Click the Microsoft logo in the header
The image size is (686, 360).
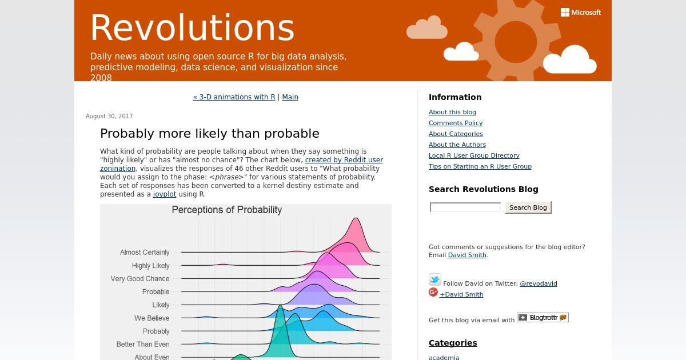click(x=581, y=13)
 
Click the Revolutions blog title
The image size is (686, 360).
click(x=192, y=28)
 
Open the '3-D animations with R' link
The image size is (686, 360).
click(x=234, y=97)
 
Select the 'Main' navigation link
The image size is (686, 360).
click(x=290, y=97)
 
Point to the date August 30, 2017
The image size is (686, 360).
click(x=109, y=117)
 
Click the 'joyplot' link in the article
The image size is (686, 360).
click(x=165, y=194)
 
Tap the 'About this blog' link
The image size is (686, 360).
click(x=452, y=113)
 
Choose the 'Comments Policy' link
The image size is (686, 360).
click(x=456, y=123)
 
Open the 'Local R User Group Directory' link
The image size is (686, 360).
click(x=474, y=155)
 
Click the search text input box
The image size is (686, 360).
click(x=465, y=207)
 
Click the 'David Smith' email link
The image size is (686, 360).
click(x=467, y=255)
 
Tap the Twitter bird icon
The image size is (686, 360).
click(x=435, y=279)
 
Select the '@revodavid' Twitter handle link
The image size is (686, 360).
click(x=539, y=284)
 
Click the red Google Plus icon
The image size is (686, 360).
click(x=433, y=293)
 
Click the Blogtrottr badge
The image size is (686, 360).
click(x=543, y=318)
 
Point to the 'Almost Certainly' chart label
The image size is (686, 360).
click(x=145, y=253)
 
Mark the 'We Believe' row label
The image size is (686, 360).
click(x=152, y=318)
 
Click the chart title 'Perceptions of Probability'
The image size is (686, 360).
click(x=226, y=210)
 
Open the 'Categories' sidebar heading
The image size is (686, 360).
click(x=453, y=343)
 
